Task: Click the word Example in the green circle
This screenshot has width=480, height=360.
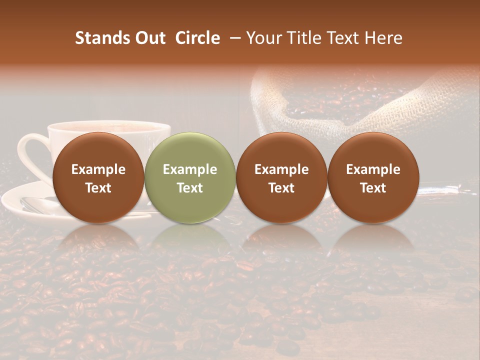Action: (x=190, y=169)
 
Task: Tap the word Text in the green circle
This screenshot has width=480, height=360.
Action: (x=190, y=188)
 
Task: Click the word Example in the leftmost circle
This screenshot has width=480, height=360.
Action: (x=98, y=169)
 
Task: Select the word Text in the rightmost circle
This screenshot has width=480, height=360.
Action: (x=373, y=188)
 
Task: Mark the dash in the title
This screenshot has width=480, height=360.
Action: (x=236, y=38)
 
